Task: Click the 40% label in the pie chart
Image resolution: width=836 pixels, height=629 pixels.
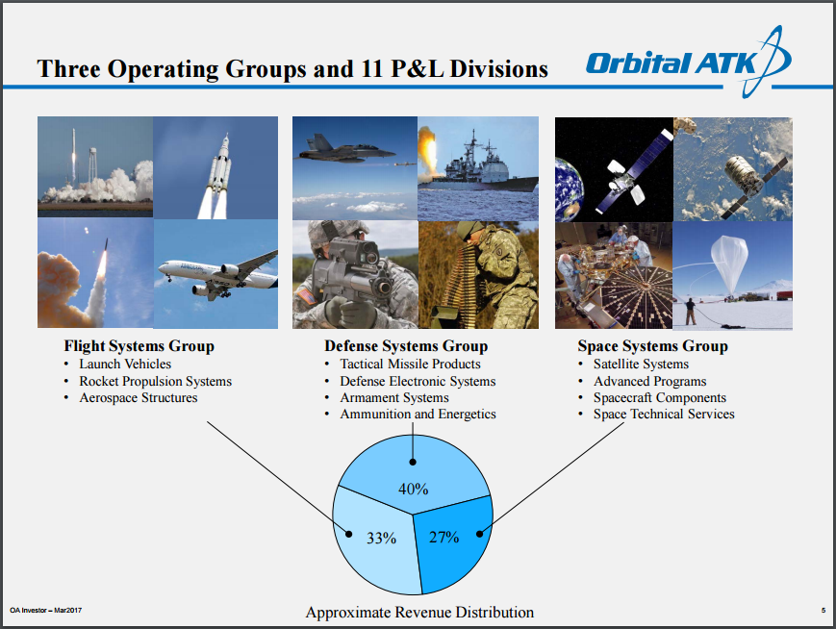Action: point(413,489)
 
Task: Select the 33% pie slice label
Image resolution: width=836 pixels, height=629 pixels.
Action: point(381,539)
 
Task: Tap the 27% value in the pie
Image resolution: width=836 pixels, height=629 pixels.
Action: point(443,537)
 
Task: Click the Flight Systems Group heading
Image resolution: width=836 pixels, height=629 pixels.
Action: point(139,345)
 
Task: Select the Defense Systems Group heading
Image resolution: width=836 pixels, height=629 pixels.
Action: point(405,345)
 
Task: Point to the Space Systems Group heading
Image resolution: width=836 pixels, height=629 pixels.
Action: point(652,345)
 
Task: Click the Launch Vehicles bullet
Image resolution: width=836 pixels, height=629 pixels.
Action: point(125,364)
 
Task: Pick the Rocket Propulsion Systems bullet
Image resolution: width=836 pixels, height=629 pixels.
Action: point(155,381)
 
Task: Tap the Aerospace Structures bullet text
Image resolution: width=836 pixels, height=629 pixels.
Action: point(138,397)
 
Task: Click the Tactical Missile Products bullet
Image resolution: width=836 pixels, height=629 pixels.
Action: point(410,364)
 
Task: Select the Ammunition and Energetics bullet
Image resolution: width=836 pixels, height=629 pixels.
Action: point(418,414)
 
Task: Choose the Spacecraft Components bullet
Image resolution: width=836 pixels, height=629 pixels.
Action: point(659,397)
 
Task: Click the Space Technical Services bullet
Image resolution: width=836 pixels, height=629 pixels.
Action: point(663,414)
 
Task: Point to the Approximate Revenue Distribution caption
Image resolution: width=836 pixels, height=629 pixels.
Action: point(418,612)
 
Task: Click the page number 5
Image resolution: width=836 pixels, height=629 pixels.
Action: point(823,611)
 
